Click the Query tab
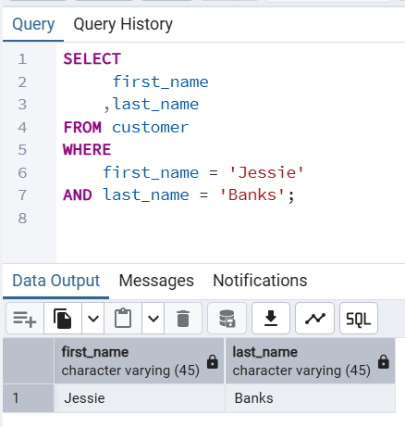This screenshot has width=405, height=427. [34, 24]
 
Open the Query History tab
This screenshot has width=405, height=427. [123, 24]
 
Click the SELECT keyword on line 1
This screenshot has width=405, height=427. [86, 58]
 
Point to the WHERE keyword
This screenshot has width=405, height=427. [87, 149]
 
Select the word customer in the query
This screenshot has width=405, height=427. [150, 127]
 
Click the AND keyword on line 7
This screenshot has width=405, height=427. [78, 195]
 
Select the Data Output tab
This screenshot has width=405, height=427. [55, 280]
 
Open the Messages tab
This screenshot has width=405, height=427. [156, 280]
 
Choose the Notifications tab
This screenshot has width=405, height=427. [260, 280]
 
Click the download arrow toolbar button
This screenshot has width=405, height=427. [271, 319]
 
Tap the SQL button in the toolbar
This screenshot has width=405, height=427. [358, 319]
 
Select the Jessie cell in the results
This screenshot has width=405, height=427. [84, 398]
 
